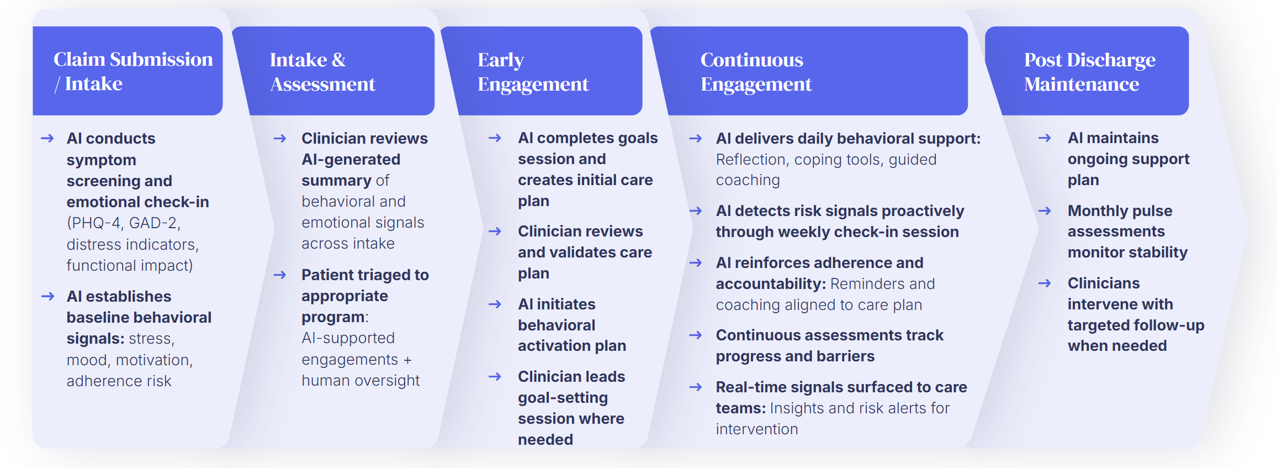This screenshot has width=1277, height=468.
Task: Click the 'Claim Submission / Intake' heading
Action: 133,71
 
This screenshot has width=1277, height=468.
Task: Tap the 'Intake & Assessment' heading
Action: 322,72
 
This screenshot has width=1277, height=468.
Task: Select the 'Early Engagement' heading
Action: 533,72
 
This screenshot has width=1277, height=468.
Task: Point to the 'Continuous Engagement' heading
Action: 756,72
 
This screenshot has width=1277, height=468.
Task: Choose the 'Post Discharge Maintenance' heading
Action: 1089,72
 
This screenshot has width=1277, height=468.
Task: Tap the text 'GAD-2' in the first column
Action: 154,223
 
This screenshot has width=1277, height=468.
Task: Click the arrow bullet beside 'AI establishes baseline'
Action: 48,297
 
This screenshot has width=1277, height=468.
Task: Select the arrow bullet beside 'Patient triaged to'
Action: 280,275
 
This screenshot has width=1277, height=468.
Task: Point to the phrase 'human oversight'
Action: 361,381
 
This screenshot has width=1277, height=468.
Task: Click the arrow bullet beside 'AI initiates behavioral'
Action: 495,304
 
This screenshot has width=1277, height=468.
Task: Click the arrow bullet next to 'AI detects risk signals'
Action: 696,211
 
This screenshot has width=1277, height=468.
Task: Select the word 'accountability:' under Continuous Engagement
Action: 771,284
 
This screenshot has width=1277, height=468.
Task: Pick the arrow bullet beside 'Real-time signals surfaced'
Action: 696,387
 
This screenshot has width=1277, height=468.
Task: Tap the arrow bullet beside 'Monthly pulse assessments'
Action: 1045,211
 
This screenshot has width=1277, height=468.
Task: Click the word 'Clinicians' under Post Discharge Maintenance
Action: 1103,283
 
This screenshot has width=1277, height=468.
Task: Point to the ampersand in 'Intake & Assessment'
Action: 338,60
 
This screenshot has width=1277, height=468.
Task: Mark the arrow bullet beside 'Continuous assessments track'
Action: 696,335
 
